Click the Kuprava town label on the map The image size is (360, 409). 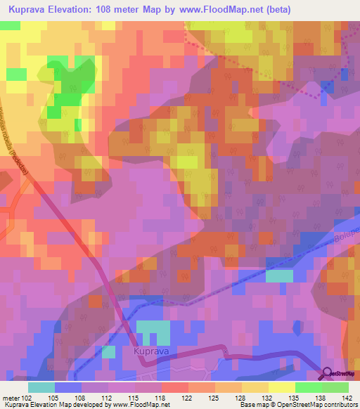tap(147, 348)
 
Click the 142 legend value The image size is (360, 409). tap(347, 397)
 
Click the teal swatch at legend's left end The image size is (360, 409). tap(41, 387)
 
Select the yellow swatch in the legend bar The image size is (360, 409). tap(281, 387)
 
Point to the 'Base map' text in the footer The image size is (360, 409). tap(255, 405)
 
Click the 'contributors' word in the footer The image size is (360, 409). tap(341, 405)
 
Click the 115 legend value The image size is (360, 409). tap(136, 397)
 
